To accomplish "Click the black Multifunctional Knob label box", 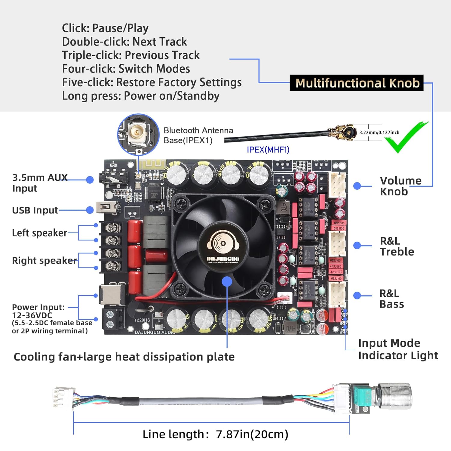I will [x=357, y=83].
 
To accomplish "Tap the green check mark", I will [x=404, y=138].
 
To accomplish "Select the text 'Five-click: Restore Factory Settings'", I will [x=152, y=82].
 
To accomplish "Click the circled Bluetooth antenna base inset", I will [x=138, y=134].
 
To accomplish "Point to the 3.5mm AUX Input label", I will [x=40, y=183].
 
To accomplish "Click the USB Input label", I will [x=35, y=210].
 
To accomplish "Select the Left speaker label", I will [x=39, y=233].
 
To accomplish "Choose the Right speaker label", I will [x=44, y=260].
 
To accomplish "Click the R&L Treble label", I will [x=397, y=246].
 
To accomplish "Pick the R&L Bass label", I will [x=391, y=299].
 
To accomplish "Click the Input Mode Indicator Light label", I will [x=398, y=349].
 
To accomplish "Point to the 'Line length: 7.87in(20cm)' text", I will [x=215, y=434].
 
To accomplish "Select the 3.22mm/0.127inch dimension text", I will [x=379, y=132].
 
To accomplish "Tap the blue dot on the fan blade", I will [x=227, y=281].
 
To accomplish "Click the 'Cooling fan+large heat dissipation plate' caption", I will [x=124, y=357].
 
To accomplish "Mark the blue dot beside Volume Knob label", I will [x=357, y=186].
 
